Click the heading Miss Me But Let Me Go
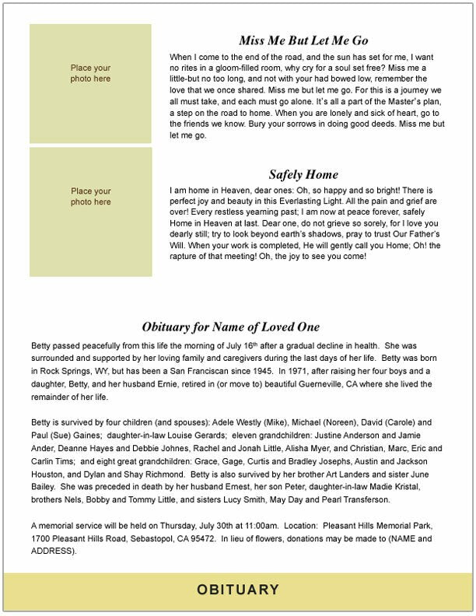pos(303,40)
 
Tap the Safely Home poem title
pos(303,174)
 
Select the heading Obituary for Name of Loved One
pos(230,327)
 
